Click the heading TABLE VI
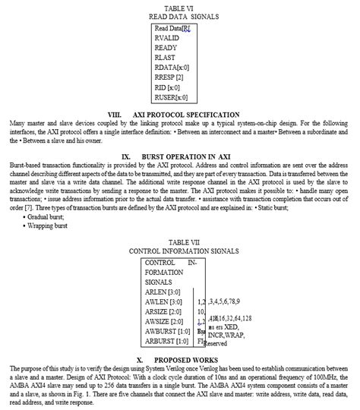(180, 6)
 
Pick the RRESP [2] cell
(169, 77)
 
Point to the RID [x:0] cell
(167, 87)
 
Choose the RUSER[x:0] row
(171, 96)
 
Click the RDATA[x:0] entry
(171, 67)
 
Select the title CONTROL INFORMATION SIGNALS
(180, 250)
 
